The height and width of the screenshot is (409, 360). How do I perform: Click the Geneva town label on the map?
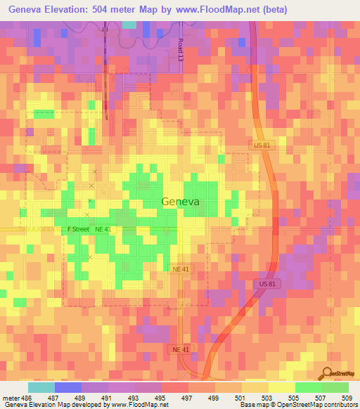180,201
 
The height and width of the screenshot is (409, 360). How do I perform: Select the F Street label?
77,229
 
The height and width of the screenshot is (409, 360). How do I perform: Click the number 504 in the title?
120,9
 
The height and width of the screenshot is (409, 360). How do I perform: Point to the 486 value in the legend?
28,397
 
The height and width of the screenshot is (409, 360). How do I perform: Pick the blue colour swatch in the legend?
67,387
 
